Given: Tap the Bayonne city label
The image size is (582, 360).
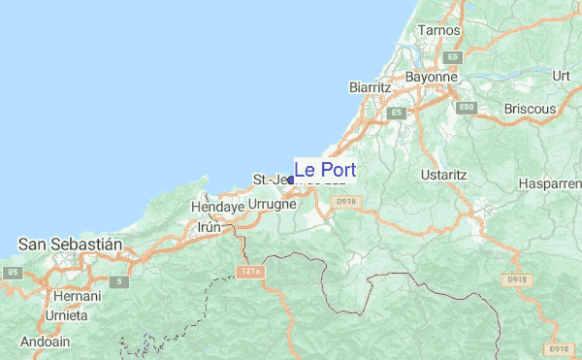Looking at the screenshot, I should [x=432, y=76].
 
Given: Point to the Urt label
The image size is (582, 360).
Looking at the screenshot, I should [x=561, y=75].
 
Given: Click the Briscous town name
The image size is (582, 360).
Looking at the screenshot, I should [x=526, y=109].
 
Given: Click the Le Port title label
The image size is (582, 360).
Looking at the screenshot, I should [x=325, y=169].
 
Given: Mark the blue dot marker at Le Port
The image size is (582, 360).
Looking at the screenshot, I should [x=290, y=180].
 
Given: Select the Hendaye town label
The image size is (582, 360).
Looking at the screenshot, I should [x=216, y=208].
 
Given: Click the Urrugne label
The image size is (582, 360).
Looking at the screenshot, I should [x=272, y=206].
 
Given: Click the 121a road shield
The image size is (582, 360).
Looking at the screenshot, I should [x=250, y=273].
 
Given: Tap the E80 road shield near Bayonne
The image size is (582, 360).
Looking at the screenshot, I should [x=468, y=106].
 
